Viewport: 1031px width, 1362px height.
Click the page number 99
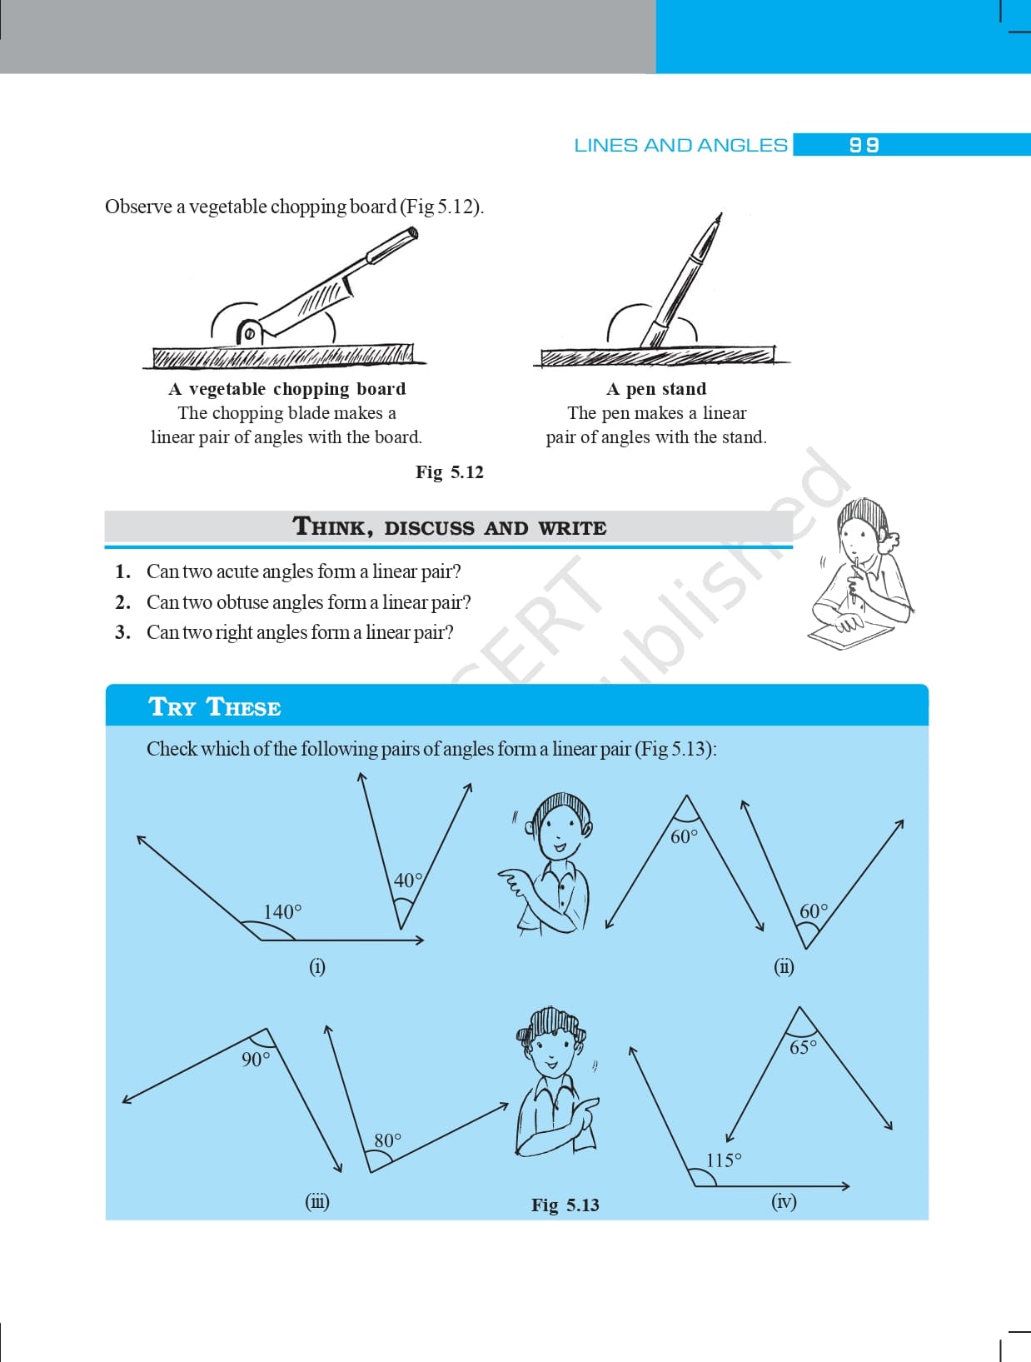click(864, 145)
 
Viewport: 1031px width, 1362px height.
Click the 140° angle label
click(282, 911)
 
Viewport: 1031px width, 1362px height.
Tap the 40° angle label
click(407, 880)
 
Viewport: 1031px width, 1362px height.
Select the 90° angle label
click(256, 1059)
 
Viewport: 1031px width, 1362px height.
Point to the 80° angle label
click(387, 1140)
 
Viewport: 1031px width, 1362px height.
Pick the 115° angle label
click(724, 1160)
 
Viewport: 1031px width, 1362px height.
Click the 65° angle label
click(803, 1047)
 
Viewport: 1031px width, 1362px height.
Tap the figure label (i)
click(317, 966)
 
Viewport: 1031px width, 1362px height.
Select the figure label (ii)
click(784, 966)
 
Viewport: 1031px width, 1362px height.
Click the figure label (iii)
click(317, 1201)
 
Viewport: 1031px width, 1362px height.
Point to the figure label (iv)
click(784, 1201)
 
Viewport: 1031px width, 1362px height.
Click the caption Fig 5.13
click(565, 1205)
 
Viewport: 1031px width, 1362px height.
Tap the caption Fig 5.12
click(450, 472)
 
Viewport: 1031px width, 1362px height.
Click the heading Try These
click(215, 707)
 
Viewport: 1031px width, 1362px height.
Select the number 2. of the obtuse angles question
click(123, 602)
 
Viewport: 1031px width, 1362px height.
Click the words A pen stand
click(656, 389)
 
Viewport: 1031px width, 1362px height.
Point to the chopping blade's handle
click(391, 245)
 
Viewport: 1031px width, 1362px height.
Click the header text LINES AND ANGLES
click(680, 145)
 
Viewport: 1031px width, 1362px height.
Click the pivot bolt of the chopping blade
click(248, 334)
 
